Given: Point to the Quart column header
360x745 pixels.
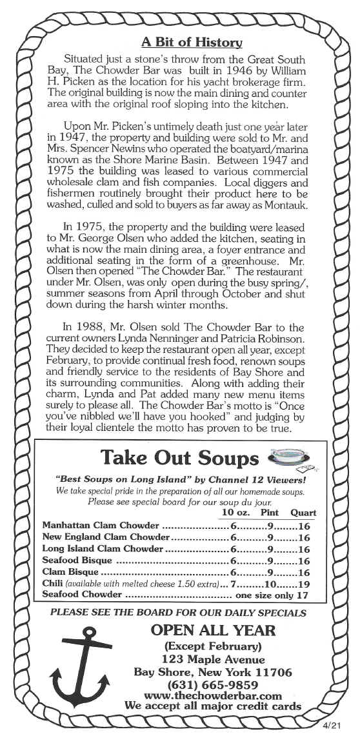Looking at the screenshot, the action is [x=303, y=513].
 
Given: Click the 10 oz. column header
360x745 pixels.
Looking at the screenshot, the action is [x=230, y=513].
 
